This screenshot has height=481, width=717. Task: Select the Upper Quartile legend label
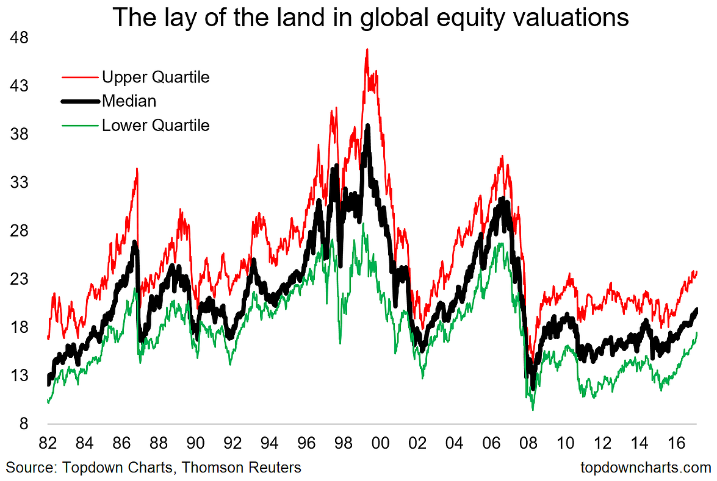(156, 77)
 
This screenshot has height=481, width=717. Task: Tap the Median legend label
(129, 101)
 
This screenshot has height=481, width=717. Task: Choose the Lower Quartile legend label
(156, 126)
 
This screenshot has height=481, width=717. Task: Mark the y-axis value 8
(24, 424)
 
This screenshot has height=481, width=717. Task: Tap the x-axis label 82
(48, 443)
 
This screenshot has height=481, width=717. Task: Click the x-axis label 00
(381, 443)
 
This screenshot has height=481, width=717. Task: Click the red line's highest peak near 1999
(367, 49)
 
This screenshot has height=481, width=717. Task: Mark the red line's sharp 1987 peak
(137, 169)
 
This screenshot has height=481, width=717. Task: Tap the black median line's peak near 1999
(367, 126)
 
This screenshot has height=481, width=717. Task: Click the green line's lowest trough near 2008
(533, 410)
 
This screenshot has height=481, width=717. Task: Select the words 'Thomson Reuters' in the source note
(242, 468)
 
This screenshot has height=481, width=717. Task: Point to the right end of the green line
(697, 333)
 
